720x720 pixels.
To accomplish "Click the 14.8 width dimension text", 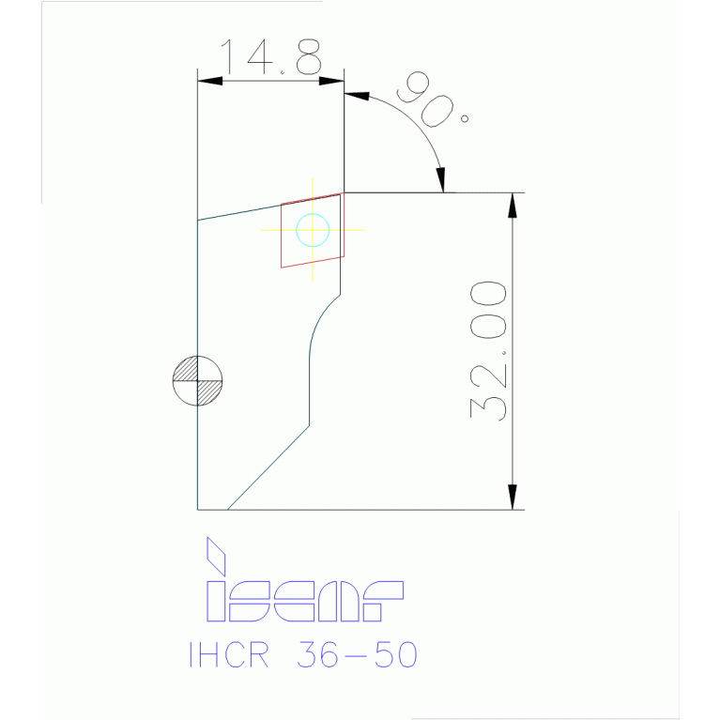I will [270, 58].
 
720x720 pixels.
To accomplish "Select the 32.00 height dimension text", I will [489, 349].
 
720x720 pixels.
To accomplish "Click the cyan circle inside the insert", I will [312, 229].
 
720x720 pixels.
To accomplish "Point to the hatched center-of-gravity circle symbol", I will [198, 381].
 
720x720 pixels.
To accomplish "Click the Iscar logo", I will [304, 592].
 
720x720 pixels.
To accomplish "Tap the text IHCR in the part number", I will [228, 654].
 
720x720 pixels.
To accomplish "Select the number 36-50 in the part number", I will [356, 654].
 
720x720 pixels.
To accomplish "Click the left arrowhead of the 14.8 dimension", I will [209, 81].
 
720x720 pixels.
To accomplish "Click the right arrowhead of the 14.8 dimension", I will [332, 81].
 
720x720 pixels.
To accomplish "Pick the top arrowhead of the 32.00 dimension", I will [513, 204].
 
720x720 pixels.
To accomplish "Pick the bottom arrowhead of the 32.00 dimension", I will [513, 498].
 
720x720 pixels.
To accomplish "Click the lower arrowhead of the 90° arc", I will [442, 179].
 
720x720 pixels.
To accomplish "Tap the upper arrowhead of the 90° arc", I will [358, 95].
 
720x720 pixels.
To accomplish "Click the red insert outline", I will [282, 235].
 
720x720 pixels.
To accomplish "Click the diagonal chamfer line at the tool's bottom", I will [268, 467].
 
